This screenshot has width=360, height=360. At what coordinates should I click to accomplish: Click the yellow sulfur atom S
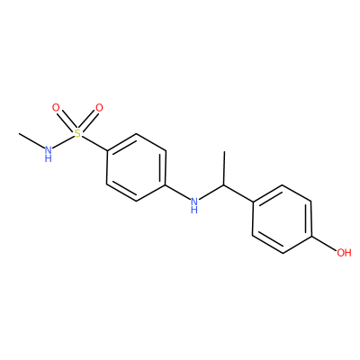pos(77,133)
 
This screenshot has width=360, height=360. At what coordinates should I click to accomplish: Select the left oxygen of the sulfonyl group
pos(56,107)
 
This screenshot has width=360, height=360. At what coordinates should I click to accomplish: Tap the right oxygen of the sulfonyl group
pos(99,107)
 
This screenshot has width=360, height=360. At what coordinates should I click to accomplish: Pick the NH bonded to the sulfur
pos(48,153)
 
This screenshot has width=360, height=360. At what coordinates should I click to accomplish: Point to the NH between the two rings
pos(194,204)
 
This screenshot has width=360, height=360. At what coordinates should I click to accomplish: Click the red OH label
pos(344,253)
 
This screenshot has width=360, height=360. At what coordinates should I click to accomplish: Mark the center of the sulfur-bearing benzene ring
pos(136,167)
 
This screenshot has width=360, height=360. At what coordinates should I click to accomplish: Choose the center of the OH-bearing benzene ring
pos(282,219)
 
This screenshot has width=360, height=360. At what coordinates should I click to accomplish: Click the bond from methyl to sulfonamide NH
pos(31,140)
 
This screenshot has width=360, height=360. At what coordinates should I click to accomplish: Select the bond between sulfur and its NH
pos(63,141)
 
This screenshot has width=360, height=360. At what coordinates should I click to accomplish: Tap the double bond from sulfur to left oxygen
pos(67,121)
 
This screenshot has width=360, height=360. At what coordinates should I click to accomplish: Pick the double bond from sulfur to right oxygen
pos(88,121)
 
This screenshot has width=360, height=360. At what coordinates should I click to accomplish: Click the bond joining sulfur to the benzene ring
pos(94,143)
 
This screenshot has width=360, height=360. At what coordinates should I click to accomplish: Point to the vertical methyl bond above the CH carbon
pos(224,168)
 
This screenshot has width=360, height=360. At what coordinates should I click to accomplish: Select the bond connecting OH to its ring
pos(324,243)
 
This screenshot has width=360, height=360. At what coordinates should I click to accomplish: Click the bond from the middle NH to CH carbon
pos(211,193)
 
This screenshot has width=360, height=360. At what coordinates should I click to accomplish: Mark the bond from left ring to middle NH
pos(178,193)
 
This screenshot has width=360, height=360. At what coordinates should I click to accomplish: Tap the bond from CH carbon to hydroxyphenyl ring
pos(238,193)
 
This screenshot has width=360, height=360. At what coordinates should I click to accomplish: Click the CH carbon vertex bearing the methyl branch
pos(224,185)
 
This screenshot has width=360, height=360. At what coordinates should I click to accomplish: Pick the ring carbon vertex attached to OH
pos(311,236)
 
